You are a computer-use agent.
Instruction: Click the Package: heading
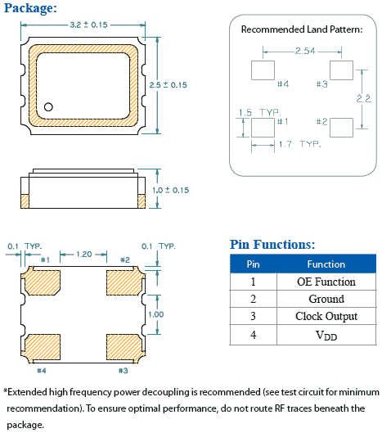click(x=29, y=8)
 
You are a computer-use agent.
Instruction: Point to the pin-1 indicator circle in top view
click(x=49, y=107)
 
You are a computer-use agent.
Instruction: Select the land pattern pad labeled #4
click(x=261, y=70)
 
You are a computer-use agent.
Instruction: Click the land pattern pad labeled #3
click(x=340, y=70)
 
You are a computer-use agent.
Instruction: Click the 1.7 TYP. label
click(x=299, y=144)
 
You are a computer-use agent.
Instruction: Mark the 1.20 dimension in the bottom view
click(x=84, y=254)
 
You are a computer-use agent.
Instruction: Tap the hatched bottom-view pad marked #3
click(x=123, y=347)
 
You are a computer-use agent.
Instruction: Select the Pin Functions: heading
click(x=272, y=244)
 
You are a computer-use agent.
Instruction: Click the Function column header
click(x=326, y=264)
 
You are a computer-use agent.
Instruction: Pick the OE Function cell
click(x=326, y=282)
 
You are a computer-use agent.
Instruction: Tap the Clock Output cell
click(x=326, y=317)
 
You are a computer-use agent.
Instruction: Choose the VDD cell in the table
click(x=326, y=336)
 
